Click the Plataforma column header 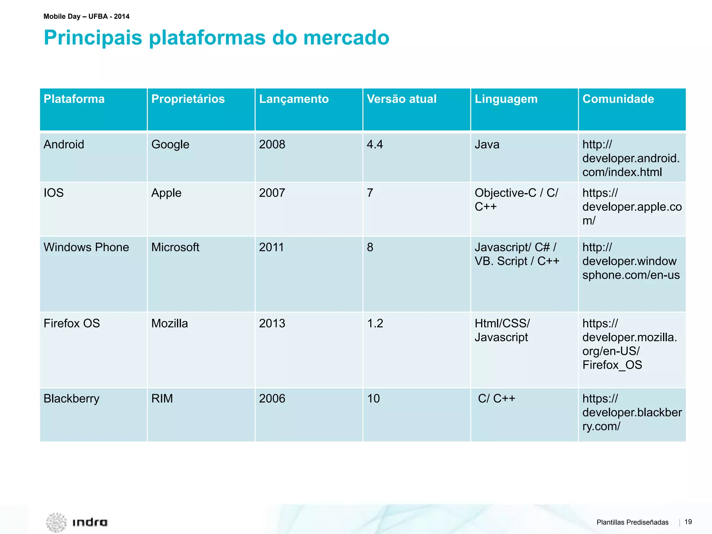(x=74, y=99)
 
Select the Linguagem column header (x=506, y=99)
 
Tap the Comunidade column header (x=618, y=99)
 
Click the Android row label (x=64, y=144)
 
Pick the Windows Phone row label (x=86, y=247)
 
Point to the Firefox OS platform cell (x=72, y=323)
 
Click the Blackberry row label (x=71, y=398)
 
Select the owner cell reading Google (x=170, y=144)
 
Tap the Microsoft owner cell (x=175, y=247)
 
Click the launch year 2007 (x=272, y=193)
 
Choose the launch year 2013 (x=272, y=323)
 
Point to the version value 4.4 (x=375, y=144)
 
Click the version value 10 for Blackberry (x=373, y=398)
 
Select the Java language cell (x=487, y=144)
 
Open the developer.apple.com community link (x=631, y=207)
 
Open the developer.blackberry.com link (x=631, y=412)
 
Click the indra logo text (x=90, y=522)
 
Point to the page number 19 (x=688, y=522)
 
